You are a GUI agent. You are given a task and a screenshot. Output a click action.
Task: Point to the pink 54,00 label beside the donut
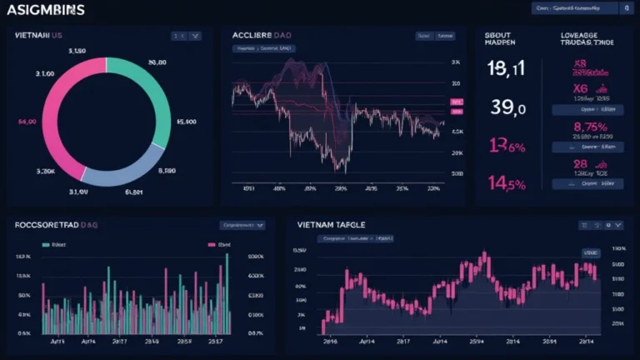pos(27,122)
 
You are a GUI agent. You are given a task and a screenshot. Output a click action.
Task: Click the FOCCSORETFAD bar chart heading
pos(57,225)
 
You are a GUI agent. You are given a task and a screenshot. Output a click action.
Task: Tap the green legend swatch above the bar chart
pos(45,246)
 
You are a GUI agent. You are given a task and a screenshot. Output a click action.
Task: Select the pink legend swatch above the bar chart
pos(209,246)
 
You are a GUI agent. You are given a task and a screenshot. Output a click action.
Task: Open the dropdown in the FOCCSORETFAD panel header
pos(242,225)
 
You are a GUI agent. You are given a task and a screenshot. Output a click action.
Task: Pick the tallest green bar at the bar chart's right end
pos(226,292)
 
